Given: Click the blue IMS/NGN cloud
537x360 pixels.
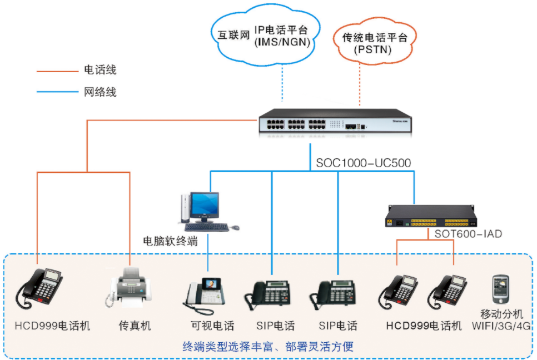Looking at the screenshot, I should click(x=264, y=33).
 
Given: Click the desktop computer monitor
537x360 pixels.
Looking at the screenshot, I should click(x=204, y=206).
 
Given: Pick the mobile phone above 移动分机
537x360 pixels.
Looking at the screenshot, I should click(x=500, y=289).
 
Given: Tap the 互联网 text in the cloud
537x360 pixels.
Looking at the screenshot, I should click(x=230, y=34).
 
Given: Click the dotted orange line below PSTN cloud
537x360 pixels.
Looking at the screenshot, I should click(x=360, y=84).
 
